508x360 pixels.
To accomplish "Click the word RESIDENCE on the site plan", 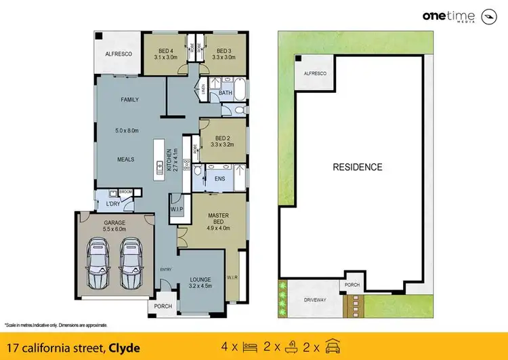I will (x=357, y=167).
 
